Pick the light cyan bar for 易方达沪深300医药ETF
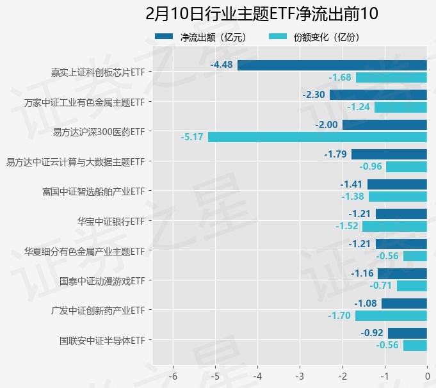pyautogui.click(x=317, y=137)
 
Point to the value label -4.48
pyautogui.click(x=222, y=65)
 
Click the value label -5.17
pyautogui.click(x=192, y=137)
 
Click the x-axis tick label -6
pyautogui.click(x=173, y=376)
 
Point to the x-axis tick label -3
pyautogui.click(x=300, y=376)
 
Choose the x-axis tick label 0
pyautogui.click(x=427, y=376)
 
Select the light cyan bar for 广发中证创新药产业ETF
pyautogui.click(x=391, y=316)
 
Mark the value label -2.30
pyautogui.click(x=314, y=95)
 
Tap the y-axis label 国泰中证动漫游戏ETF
pyautogui.click(x=102, y=280)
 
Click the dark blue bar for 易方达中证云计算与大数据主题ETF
pyautogui.click(x=389, y=154)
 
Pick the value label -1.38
pyautogui.click(x=353, y=197)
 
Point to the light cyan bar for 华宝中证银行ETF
pyautogui.click(x=394, y=226)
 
